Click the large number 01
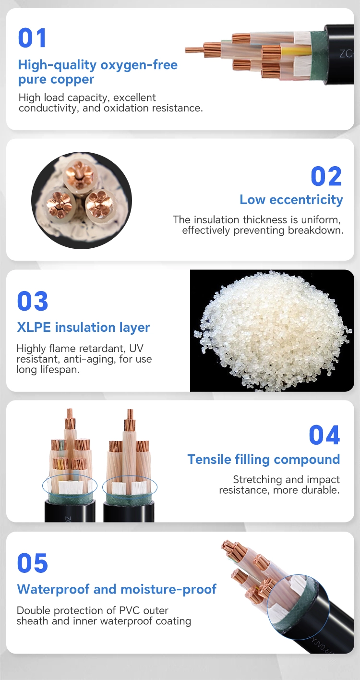tap(32, 37)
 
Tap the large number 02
tap(326, 176)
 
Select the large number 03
tap(33, 301)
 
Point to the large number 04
tap(324, 435)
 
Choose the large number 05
tap(33, 563)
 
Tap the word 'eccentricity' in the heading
tap(306, 199)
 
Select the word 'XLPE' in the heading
tap(34, 327)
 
